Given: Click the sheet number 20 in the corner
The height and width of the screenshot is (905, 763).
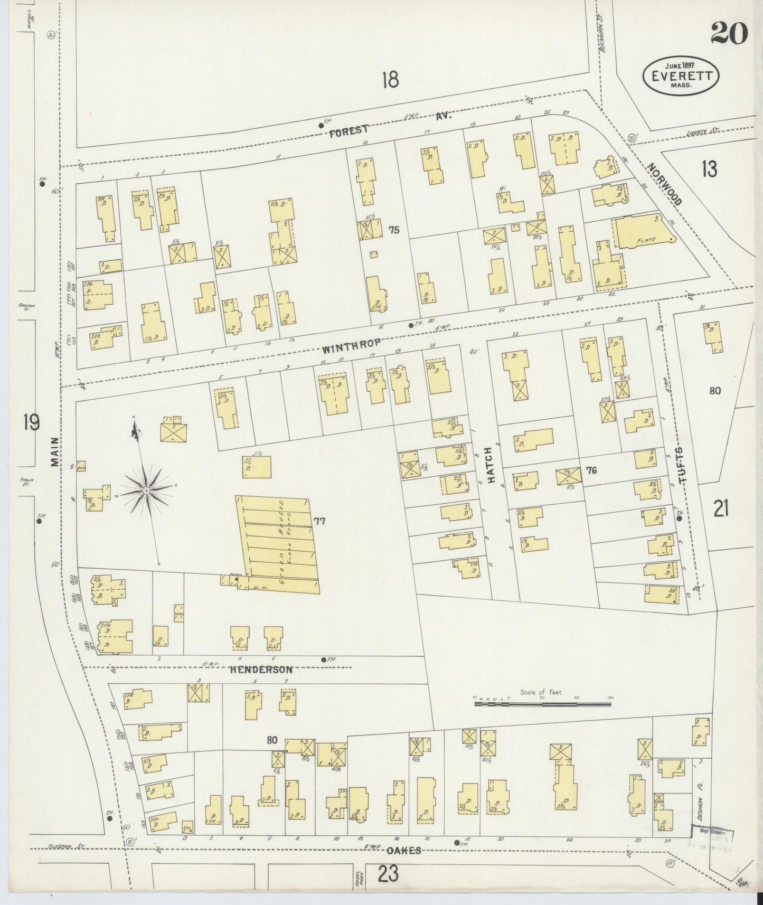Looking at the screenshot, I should point(729,34).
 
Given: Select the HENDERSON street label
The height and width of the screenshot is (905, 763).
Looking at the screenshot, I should point(261,669).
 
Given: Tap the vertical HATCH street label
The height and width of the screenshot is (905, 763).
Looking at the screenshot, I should point(489,465).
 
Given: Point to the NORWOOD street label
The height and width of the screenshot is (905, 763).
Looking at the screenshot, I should point(665,183).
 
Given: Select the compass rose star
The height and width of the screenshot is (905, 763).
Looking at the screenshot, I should point(145,491).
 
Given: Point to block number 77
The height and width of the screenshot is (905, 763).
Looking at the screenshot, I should point(319,522).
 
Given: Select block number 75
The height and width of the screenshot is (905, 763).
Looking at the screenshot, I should point(394,230).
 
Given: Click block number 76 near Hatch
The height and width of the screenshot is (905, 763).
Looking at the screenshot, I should point(591,470).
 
